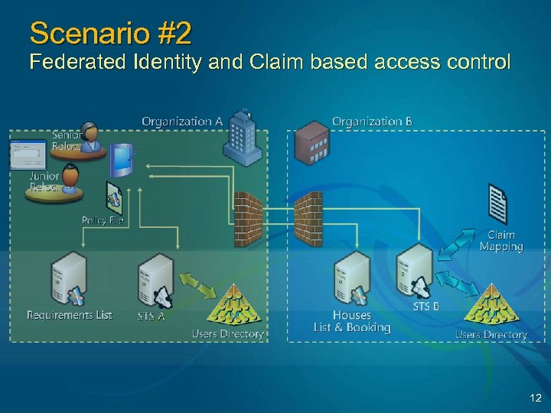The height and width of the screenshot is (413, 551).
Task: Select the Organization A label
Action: point(182,121)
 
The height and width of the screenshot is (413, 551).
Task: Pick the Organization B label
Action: point(372,121)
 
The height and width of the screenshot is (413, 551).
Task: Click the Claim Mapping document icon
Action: point(497,204)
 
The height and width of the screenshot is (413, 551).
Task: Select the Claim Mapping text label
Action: point(501,241)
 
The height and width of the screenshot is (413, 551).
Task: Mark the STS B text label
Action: point(426,306)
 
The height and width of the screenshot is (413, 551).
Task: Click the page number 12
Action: point(535,398)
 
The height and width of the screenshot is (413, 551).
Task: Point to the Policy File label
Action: point(103,220)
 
